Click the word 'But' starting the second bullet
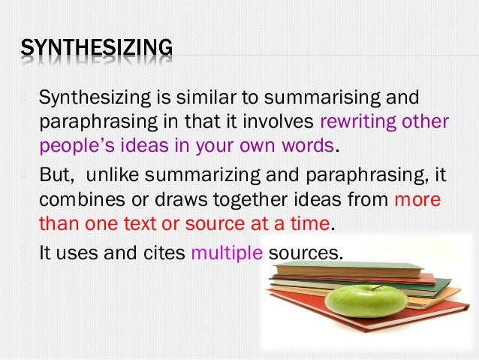tap(56, 177)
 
